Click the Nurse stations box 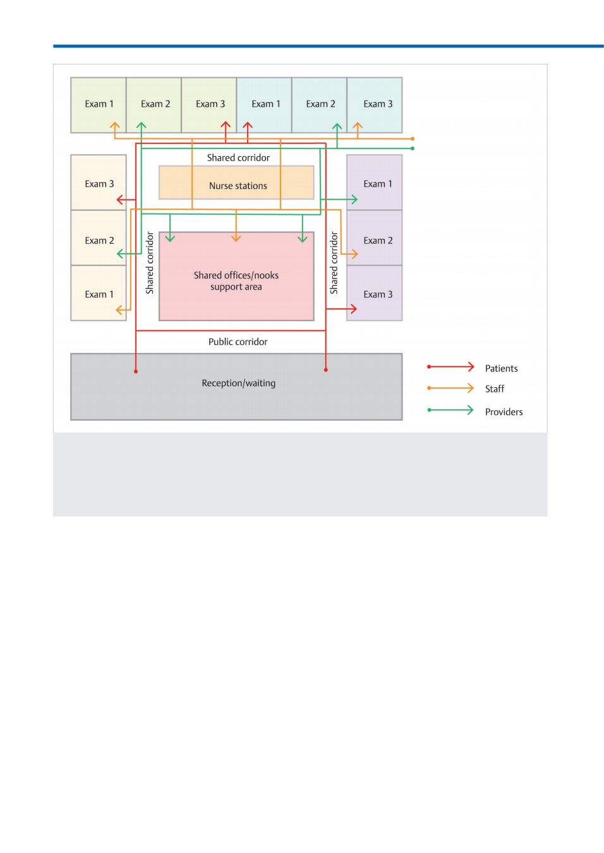pos(236,183)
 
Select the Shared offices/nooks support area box pos(236,276)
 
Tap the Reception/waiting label pos(238,383)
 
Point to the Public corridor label pos(238,342)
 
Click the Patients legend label pos(501,368)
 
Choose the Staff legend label pos(494,389)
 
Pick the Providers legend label pos(504,411)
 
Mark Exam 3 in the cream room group pos(99,183)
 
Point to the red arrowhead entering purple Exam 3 pos(353,309)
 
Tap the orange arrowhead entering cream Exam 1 pos(119,310)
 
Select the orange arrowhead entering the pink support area pos(236,239)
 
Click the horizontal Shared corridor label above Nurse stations pos(238,158)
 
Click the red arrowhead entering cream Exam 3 pos(120,200)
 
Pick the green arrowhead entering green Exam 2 pos(142,126)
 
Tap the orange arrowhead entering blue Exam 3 pos(357,126)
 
